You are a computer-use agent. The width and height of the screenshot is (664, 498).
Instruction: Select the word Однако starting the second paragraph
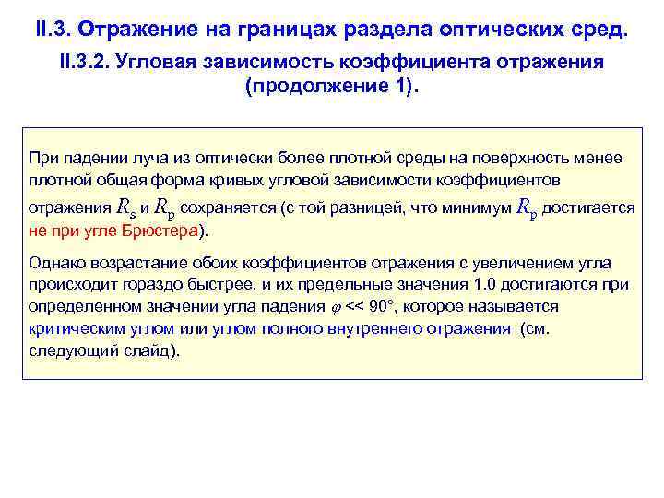pyautogui.click(x=54, y=264)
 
